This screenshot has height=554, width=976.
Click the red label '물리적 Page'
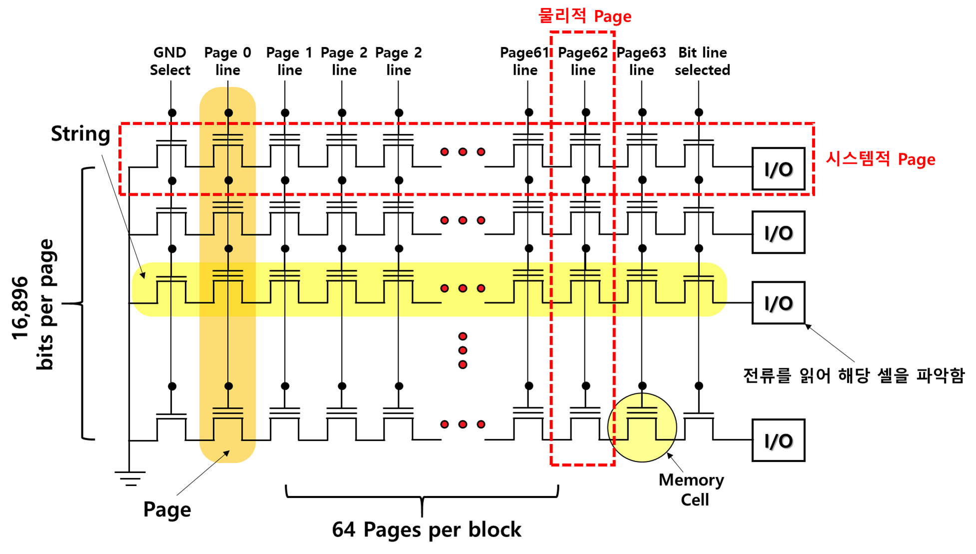pyautogui.click(x=584, y=16)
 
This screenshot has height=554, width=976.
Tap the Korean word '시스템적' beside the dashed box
pyautogui.click(x=858, y=159)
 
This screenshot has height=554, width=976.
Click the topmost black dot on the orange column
pyautogui.click(x=228, y=113)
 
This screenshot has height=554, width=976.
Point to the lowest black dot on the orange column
pyautogui.click(x=228, y=386)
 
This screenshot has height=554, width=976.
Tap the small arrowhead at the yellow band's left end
pyautogui.click(x=143, y=275)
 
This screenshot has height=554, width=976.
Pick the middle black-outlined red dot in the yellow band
pyautogui.click(x=463, y=288)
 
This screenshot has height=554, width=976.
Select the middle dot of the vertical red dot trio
pyautogui.click(x=463, y=350)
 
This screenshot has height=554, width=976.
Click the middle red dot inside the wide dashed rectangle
pyautogui.click(x=463, y=152)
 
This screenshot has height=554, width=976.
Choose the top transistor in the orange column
pyautogui.click(x=228, y=150)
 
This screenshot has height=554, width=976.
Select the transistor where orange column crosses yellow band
pyautogui.click(x=228, y=287)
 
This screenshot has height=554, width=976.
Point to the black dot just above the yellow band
pyautogui.click(x=228, y=248)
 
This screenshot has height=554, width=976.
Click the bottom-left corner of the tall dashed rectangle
pyautogui.click(x=551, y=465)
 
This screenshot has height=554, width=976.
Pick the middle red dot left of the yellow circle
pyautogui.click(x=463, y=424)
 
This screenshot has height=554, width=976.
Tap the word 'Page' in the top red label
pyautogui.click(x=613, y=17)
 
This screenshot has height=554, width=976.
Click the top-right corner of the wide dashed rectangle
pyautogui.click(x=814, y=124)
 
